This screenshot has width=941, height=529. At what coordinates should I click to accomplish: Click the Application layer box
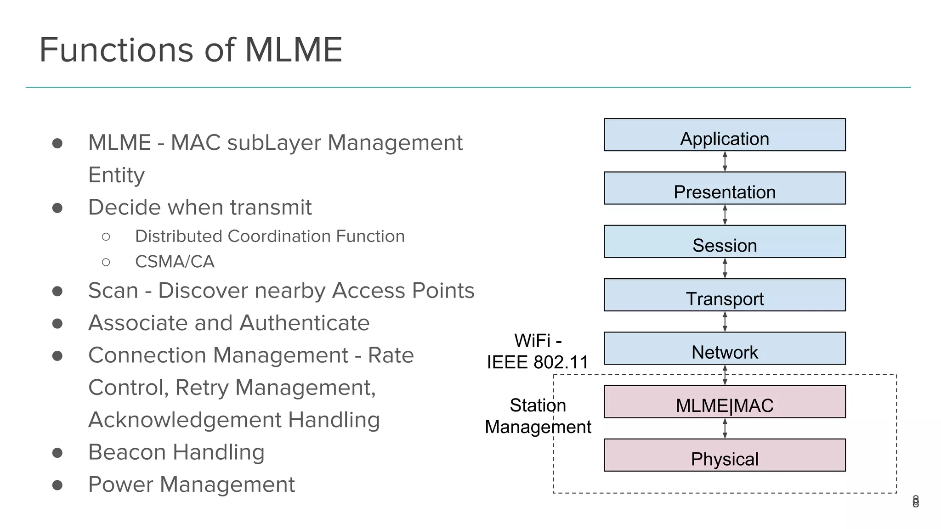[725, 135]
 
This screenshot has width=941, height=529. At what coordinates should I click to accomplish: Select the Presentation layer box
[725, 188]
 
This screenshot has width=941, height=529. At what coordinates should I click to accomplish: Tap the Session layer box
[725, 242]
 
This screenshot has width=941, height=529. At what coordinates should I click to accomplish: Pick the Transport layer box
[725, 295]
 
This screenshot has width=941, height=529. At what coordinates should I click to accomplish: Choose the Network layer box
[725, 348]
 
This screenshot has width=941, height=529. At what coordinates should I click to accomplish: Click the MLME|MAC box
[725, 402]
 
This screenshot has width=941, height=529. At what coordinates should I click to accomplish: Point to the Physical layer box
[725, 455]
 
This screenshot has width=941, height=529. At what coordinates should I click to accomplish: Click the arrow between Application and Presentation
[725, 162]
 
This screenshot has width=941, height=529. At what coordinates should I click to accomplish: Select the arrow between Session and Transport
[725, 268]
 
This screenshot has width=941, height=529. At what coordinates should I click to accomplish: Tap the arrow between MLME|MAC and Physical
[725, 428]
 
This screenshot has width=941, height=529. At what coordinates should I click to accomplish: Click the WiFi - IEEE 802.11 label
[538, 352]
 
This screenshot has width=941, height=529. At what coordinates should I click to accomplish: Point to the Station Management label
[538, 416]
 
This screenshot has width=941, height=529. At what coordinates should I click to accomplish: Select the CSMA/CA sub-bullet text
[175, 262]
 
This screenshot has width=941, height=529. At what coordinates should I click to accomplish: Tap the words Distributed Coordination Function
[270, 236]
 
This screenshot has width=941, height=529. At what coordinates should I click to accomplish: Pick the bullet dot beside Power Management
[57, 485]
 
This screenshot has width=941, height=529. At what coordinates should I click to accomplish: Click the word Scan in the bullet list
[113, 291]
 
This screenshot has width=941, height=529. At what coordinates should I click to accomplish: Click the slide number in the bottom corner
[915, 501]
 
